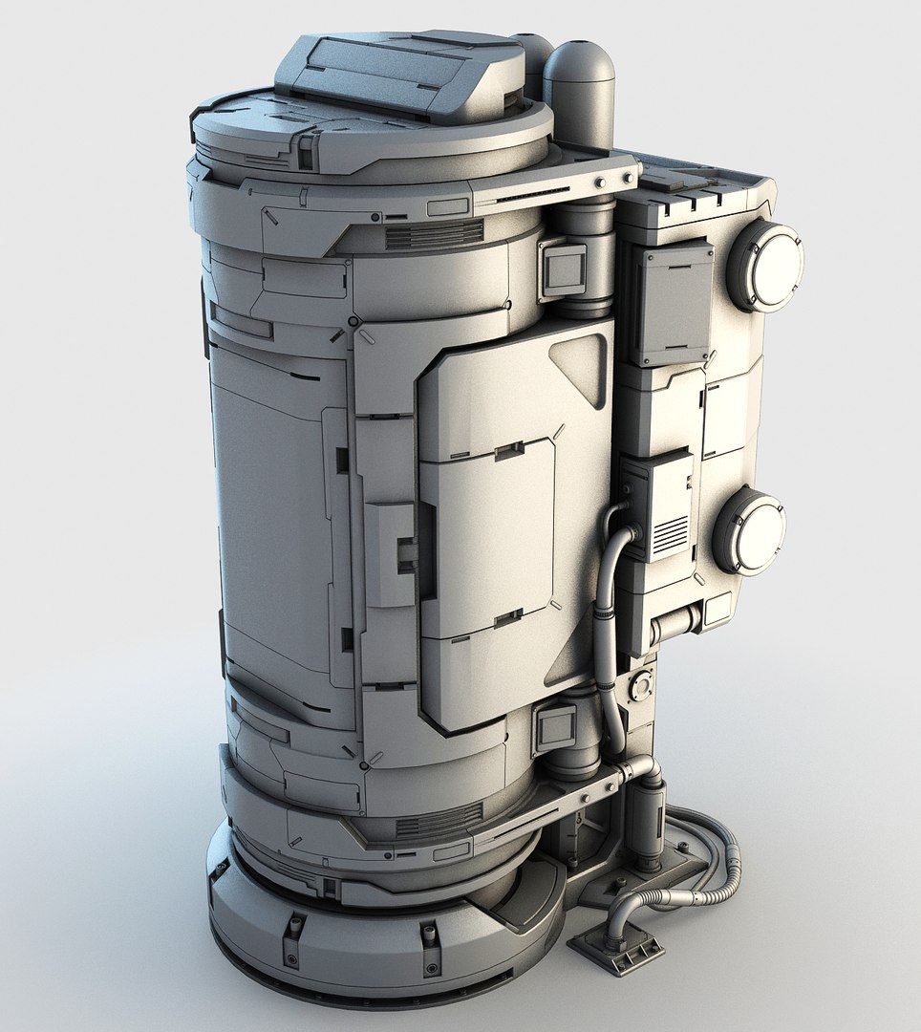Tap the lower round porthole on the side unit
[750, 530]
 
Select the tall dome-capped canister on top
[578, 91]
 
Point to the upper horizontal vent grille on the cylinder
[435, 234]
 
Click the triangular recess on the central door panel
[581, 368]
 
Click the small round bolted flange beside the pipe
[640, 685]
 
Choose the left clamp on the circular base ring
[294, 927]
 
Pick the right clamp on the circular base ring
[431, 935]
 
